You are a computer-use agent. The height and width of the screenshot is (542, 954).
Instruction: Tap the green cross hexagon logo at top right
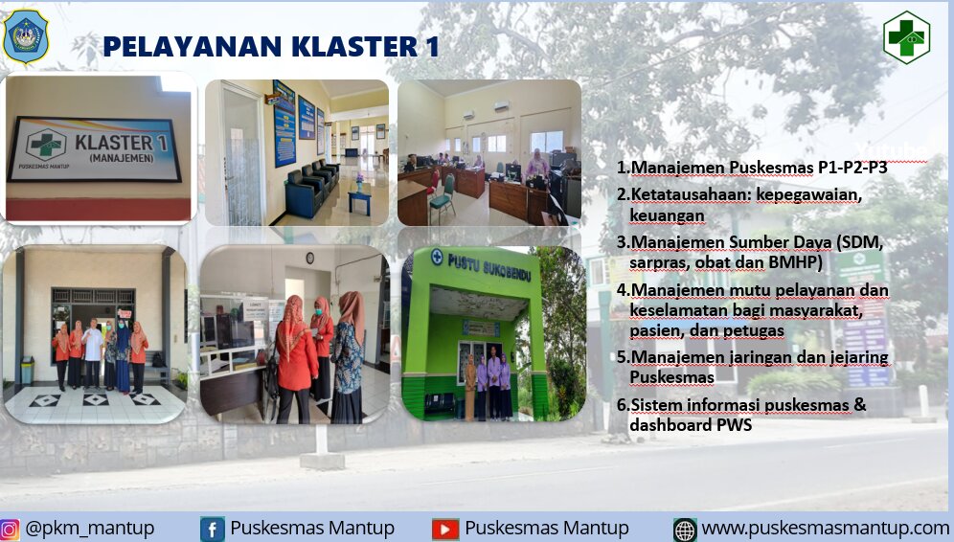(x=906, y=37)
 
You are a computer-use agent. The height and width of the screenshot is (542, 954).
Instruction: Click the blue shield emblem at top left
(x=26, y=36)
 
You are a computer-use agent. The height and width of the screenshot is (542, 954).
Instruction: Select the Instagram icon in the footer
(x=10, y=529)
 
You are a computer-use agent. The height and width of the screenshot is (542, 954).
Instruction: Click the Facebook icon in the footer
(x=212, y=530)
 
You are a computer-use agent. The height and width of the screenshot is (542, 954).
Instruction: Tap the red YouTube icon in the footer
(x=444, y=530)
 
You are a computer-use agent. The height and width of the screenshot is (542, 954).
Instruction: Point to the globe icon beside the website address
(x=685, y=530)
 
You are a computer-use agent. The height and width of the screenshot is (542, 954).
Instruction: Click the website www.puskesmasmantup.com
(x=825, y=528)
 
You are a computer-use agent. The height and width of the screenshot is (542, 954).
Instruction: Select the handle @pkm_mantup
(x=89, y=528)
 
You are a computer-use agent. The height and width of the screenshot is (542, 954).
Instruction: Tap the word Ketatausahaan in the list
(x=682, y=194)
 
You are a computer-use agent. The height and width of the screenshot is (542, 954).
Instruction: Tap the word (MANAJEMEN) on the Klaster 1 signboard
(x=122, y=158)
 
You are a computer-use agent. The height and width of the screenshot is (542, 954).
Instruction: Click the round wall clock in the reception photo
(x=309, y=258)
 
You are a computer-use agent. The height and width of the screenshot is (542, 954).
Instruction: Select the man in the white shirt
(x=93, y=352)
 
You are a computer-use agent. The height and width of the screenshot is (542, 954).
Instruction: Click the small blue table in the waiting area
(x=359, y=199)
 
